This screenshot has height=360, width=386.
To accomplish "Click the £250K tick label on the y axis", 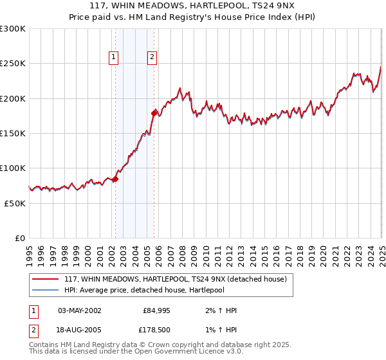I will pos(13,64).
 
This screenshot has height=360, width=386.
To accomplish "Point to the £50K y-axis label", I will pos(15,203).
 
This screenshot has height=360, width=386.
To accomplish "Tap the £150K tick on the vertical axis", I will pos(13,134).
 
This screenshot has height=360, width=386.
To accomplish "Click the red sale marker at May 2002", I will pos(115,179).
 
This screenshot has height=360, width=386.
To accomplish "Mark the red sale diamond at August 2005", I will pos(154,113).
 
